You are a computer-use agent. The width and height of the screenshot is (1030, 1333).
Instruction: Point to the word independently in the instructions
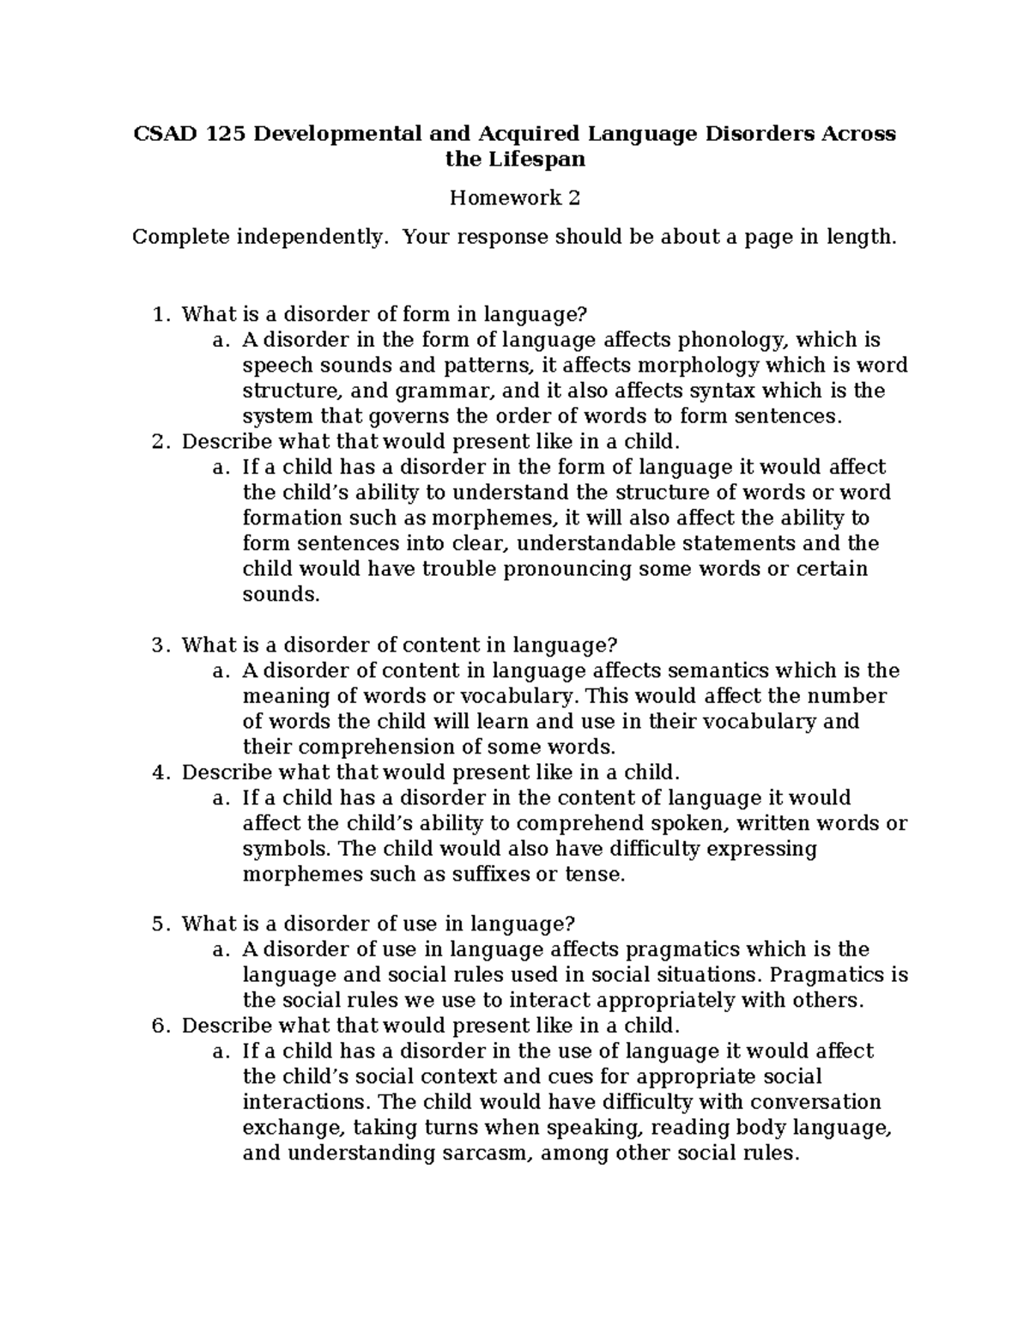(x=309, y=237)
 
